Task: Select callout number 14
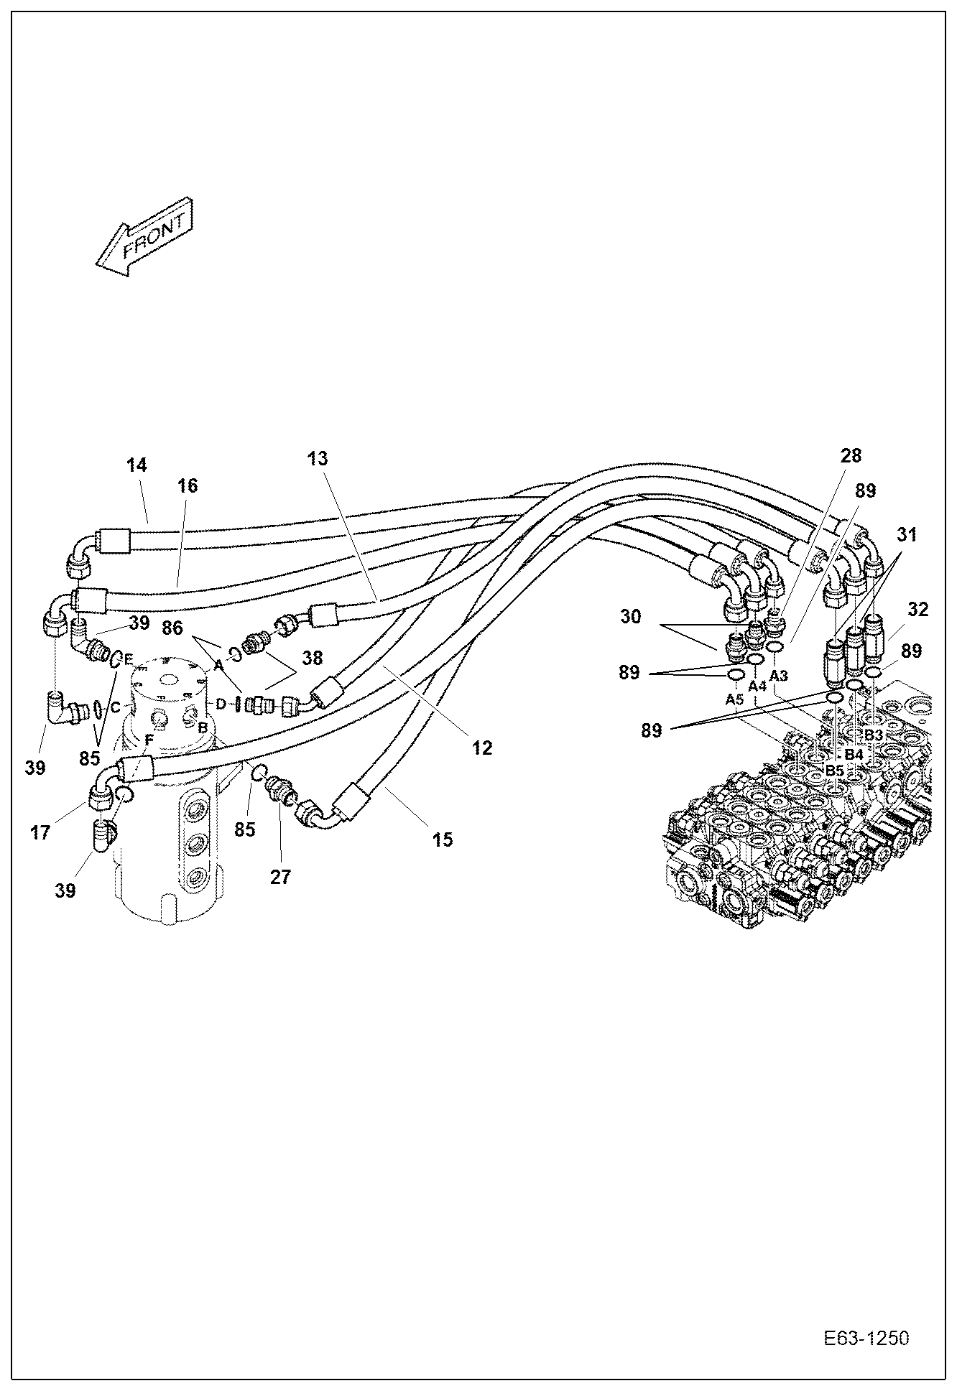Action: [x=137, y=465]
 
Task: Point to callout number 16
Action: [x=188, y=485]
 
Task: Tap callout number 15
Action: [x=443, y=839]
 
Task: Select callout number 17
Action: [x=40, y=832]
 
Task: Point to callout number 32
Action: [x=917, y=609]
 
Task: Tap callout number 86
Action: [x=172, y=630]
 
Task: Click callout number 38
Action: [x=312, y=658]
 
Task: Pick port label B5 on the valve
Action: [x=834, y=771]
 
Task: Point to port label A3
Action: [x=779, y=676]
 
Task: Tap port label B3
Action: [x=872, y=735]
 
